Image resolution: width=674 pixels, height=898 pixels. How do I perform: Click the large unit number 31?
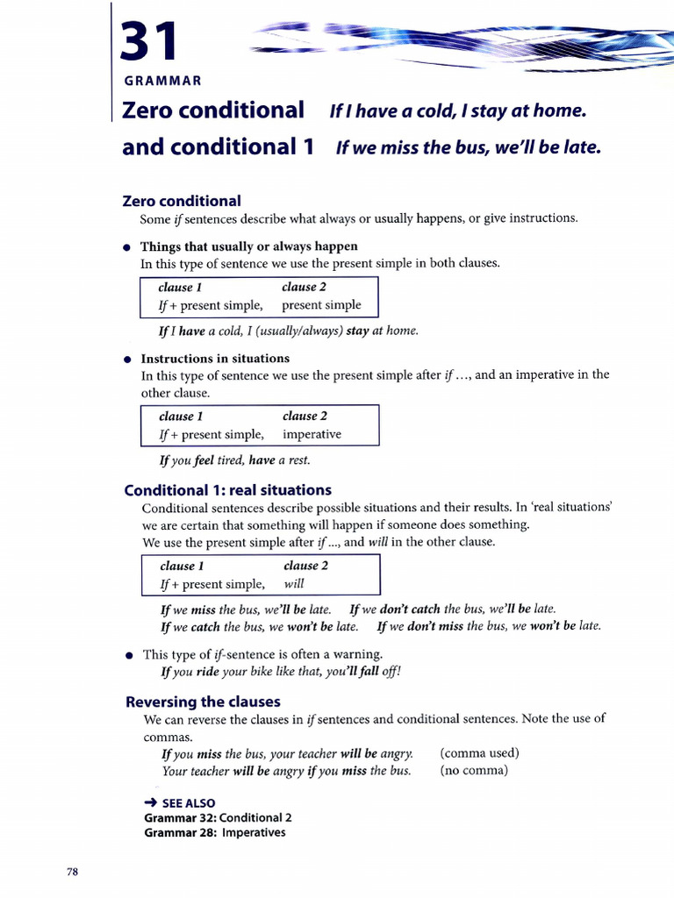point(150,41)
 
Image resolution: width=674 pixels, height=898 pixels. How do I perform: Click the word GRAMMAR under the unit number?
point(162,81)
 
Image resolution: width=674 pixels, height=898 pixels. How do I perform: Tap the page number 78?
point(73,871)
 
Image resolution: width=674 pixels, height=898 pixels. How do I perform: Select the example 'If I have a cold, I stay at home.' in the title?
point(456,111)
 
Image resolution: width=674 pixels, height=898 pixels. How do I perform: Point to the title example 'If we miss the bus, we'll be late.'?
point(469,147)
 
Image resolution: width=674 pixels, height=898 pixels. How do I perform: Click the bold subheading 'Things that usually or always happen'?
point(249,246)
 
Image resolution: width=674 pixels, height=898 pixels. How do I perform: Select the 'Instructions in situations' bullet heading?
point(215,358)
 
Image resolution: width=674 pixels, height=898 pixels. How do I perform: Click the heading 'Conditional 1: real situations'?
point(228,489)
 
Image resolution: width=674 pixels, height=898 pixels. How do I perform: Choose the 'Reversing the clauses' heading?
point(203,701)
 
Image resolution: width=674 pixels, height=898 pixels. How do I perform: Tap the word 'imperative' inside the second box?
point(312,434)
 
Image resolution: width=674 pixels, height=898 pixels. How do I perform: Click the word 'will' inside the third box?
point(294,583)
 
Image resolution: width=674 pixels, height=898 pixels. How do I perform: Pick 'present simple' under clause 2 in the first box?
point(321,305)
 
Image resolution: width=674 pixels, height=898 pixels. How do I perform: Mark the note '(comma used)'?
point(479,752)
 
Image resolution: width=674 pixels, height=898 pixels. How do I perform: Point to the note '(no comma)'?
point(474,771)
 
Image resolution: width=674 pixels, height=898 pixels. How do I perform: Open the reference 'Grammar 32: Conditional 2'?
point(218,817)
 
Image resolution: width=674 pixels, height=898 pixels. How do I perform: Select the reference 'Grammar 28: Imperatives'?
point(214,832)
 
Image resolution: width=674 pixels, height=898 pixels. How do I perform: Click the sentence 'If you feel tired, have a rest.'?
point(234,460)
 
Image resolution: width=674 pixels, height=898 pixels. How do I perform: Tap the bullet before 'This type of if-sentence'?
point(129,654)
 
